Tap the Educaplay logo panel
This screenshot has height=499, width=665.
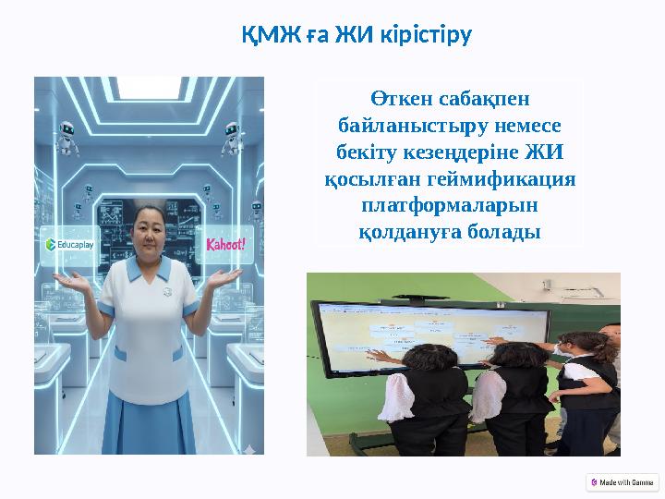(71, 245)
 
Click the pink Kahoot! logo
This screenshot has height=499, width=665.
(225, 246)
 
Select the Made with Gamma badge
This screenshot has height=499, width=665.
(623, 482)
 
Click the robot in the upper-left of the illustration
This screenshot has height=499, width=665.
(66, 137)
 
